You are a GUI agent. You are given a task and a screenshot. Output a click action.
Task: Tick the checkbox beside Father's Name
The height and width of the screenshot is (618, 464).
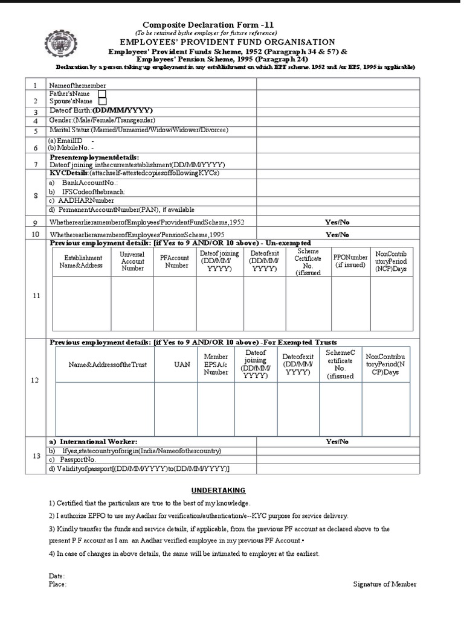[x=102, y=94]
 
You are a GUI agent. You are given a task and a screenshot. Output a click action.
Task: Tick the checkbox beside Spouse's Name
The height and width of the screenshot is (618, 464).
[x=102, y=102]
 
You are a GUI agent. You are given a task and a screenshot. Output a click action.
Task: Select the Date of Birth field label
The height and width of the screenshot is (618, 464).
[x=101, y=111]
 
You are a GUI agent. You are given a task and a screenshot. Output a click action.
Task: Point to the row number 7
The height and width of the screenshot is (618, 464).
[x=36, y=164]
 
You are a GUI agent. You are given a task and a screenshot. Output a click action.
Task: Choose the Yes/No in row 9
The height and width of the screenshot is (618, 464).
[x=337, y=222]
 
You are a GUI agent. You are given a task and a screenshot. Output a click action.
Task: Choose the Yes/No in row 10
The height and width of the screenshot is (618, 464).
[x=337, y=234]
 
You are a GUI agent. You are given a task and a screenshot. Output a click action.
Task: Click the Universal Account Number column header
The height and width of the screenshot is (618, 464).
[x=132, y=261]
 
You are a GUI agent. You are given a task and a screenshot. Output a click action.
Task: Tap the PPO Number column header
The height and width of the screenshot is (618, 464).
[x=350, y=261]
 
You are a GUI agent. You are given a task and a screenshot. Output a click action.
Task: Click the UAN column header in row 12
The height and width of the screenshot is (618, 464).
[x=182, y=365]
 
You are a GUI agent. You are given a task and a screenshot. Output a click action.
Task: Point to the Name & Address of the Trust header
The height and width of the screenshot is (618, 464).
[x=108, y=365]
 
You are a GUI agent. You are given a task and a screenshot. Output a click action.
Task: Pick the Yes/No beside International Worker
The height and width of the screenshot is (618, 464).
[x=337, y=442]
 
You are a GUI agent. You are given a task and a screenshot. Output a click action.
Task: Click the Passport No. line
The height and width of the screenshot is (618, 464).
[x=76, y=460]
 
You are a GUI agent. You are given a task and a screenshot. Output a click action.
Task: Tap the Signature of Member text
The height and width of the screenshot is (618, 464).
[x=384, y=584]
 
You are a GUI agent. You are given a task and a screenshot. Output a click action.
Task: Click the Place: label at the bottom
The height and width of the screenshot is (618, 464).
[x=57, y=584]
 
